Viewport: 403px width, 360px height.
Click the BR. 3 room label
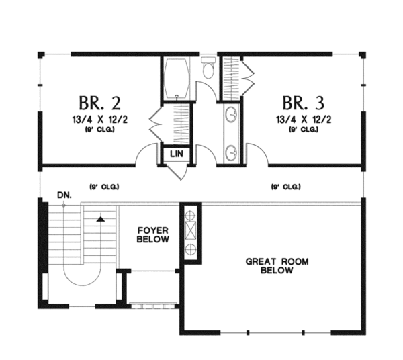(303, 103)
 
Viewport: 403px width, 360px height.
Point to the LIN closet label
(177, 154)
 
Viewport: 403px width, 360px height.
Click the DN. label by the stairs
(64, 195)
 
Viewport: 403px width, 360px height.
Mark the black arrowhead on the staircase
(100, 218)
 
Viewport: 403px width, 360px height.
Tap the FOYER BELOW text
(152, 234)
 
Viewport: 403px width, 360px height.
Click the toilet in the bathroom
(208, 69)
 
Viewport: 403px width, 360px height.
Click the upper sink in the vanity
(232, 116)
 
